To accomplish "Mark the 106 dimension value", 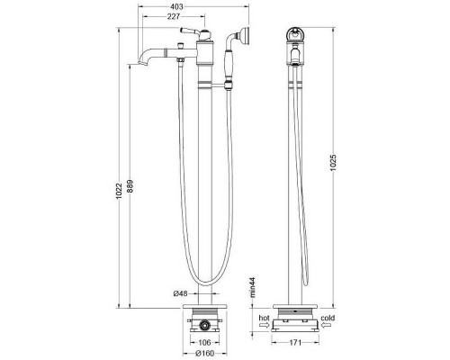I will pyautogui.click(x=206, y=343).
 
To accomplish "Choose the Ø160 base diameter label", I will pyautogui.click(x=206, y=354).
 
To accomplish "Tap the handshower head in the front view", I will pyautogui.click(x=241, y=39).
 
